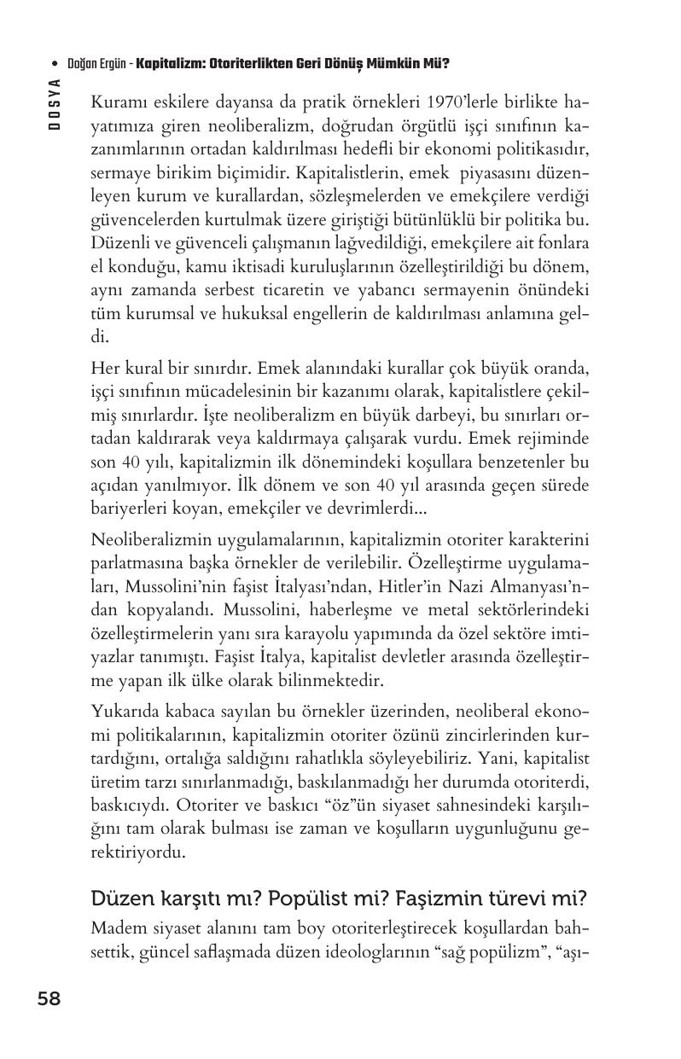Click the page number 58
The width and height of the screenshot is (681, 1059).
point(49,998)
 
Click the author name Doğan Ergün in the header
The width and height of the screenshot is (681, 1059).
point(98,64)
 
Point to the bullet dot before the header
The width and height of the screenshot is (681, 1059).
point(55,64)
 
